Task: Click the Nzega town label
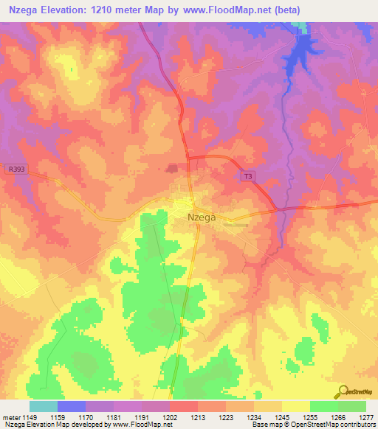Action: coord(201,217)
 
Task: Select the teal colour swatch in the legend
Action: coord(44,406)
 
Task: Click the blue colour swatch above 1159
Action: coord(72,406)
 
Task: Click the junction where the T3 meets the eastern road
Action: coord(280,209)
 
